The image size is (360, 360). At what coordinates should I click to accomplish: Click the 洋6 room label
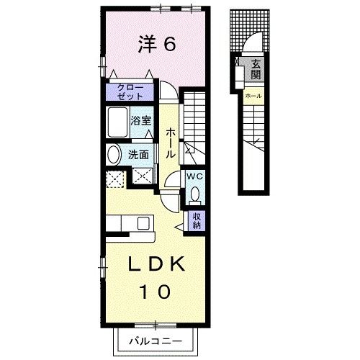(156, 45)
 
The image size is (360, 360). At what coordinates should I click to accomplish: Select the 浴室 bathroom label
(140, 120)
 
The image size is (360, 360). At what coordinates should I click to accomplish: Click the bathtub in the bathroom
(117, 125)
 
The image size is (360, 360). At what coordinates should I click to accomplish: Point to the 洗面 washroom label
(138, 154)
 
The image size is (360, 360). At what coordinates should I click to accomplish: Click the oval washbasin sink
(114, 154)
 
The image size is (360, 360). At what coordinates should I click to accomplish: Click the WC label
(194, 175)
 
